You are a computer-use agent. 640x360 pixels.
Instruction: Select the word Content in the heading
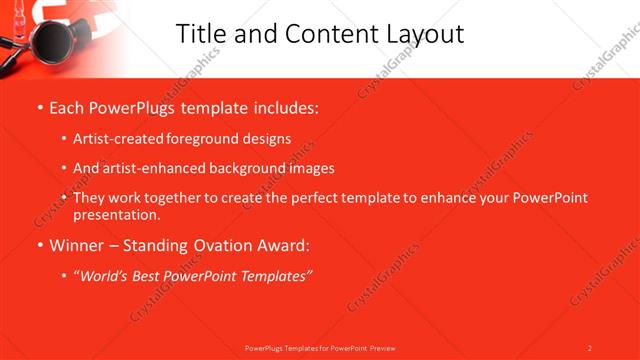(x=319, y=34)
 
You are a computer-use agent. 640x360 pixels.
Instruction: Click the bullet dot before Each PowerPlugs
(x=39, y=108)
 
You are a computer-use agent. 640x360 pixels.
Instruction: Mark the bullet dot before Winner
(x=39, y=245)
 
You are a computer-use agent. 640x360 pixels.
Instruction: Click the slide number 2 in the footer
(x=590, y=348)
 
